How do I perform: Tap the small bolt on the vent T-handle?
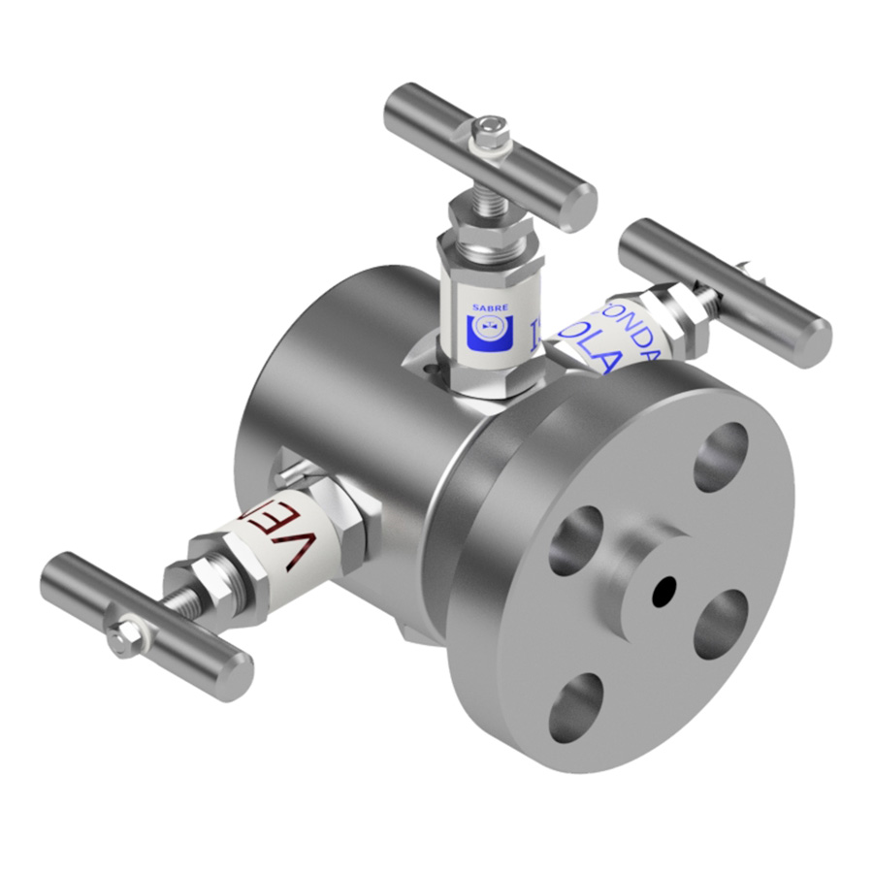125,637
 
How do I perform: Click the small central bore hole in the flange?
665,590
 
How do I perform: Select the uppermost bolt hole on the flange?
722,456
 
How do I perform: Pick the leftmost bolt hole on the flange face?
575,539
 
